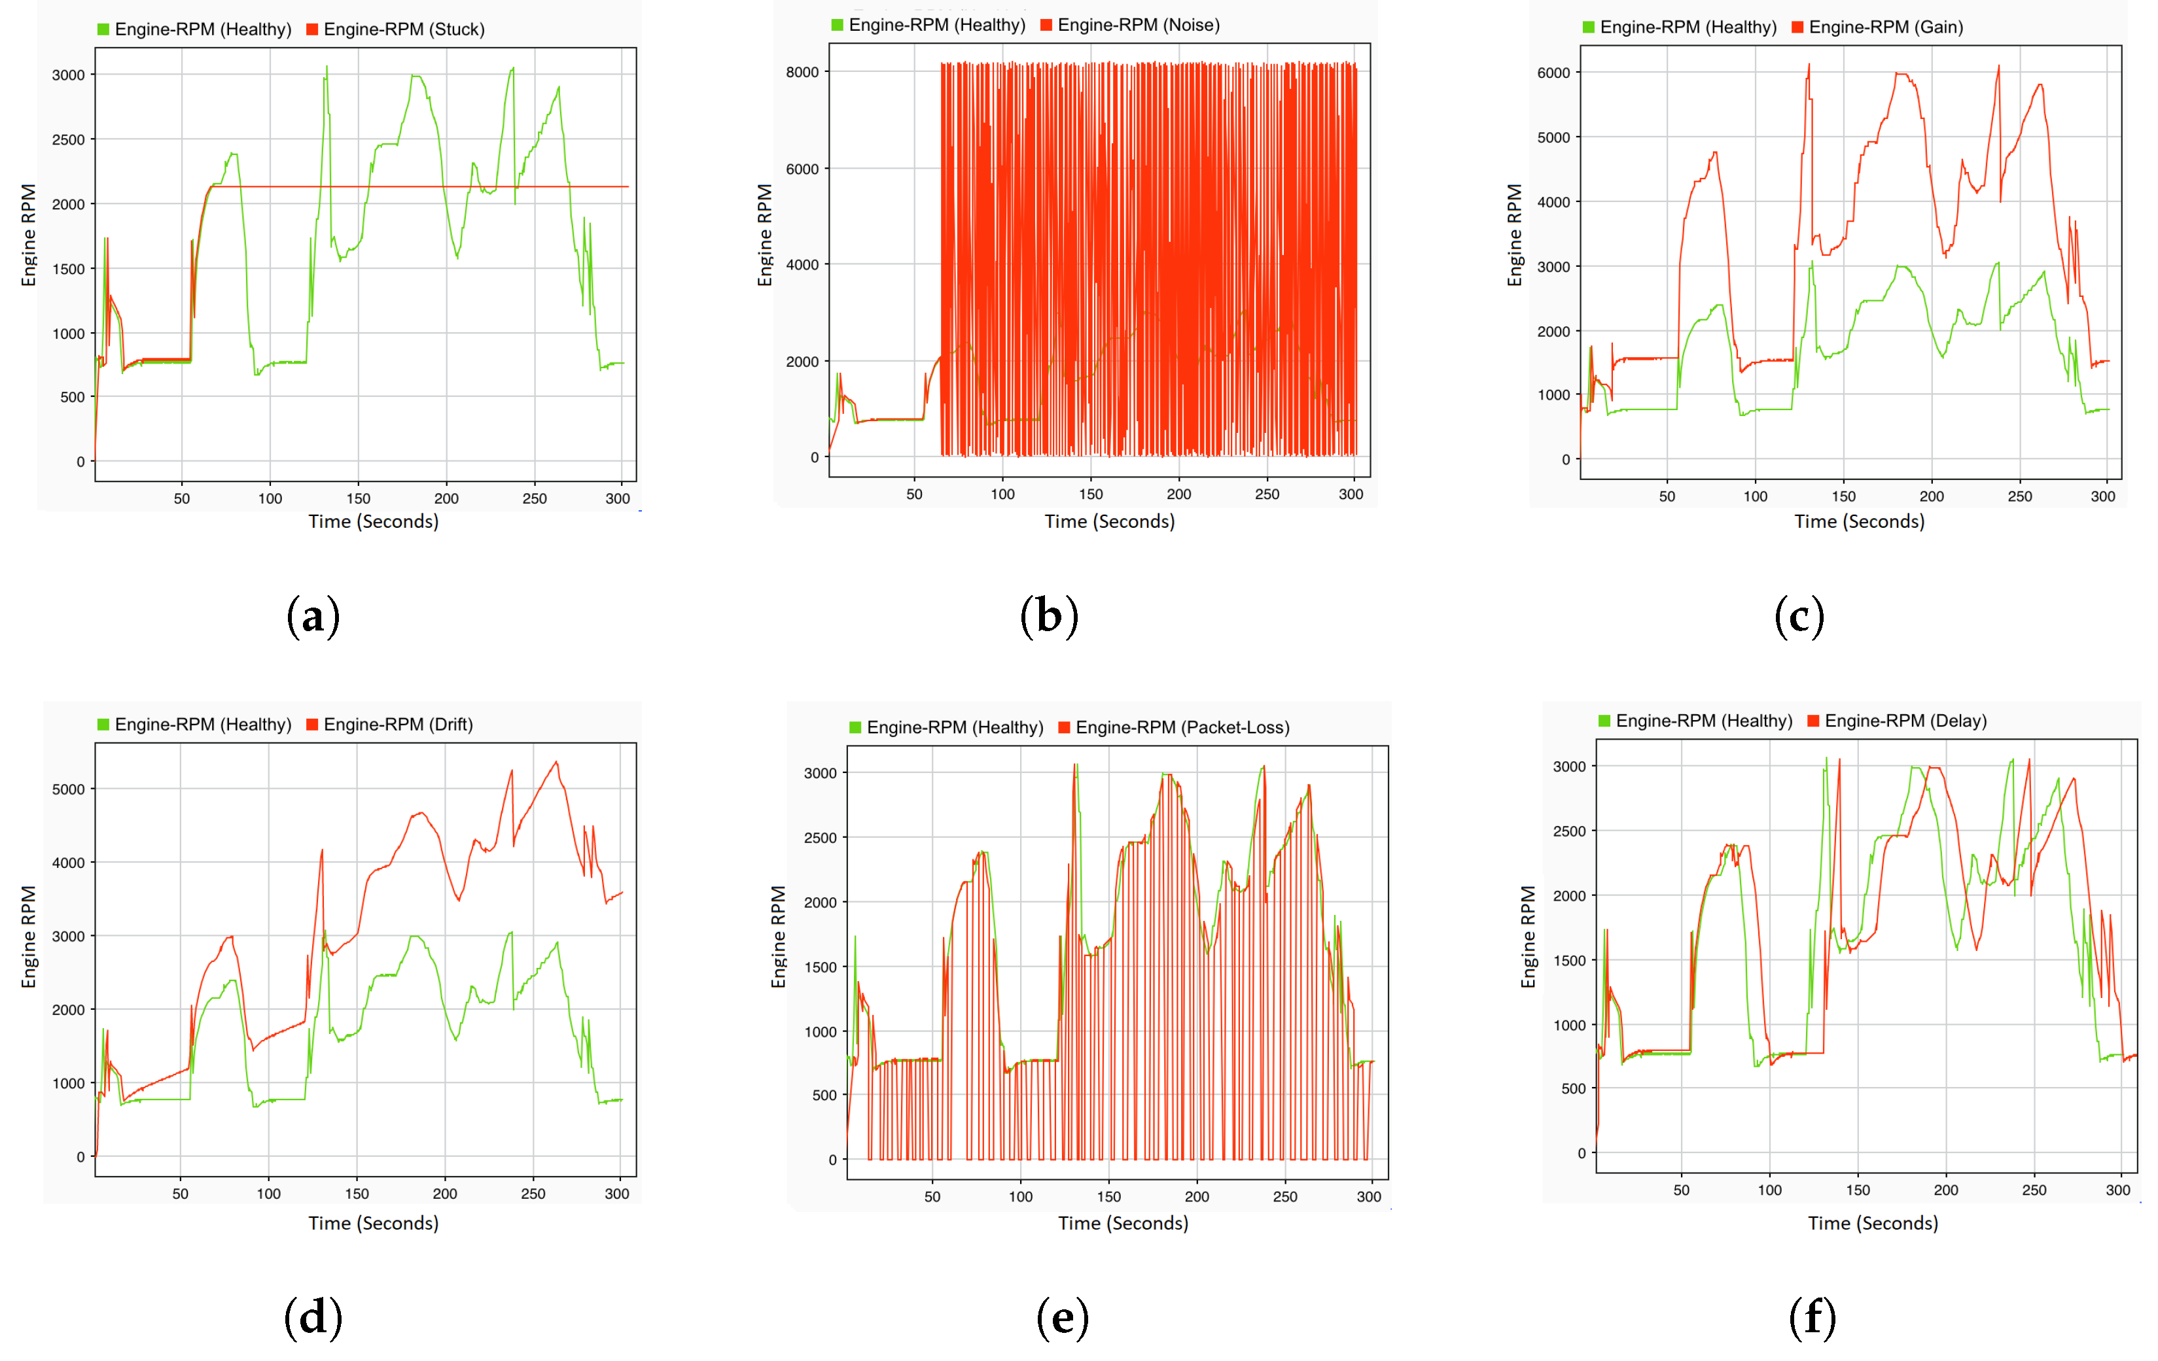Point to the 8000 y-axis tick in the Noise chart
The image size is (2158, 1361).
click(x=802, y=72)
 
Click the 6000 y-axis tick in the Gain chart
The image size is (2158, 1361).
click(x=1553, y=73)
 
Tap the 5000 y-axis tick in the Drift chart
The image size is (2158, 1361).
click(x=68, y=789)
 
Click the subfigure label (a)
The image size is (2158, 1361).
click(x=313, y=617)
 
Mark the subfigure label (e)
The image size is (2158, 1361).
click(x=1062, y=1318)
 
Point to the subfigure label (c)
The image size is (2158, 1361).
click(x=1799, y=617)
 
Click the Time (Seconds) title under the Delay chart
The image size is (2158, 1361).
click(x=1872, y=1223)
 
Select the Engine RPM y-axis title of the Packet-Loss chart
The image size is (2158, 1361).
click(x=778, y=937)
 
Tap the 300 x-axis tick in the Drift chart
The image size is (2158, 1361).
click(x=616, y=1194)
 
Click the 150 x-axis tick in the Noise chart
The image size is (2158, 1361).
click(x=1091, y=494)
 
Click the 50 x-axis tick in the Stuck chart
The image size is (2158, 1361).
click(x=182, y=498)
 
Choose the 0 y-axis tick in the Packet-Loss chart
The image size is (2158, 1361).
click(x=832, y=1160)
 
